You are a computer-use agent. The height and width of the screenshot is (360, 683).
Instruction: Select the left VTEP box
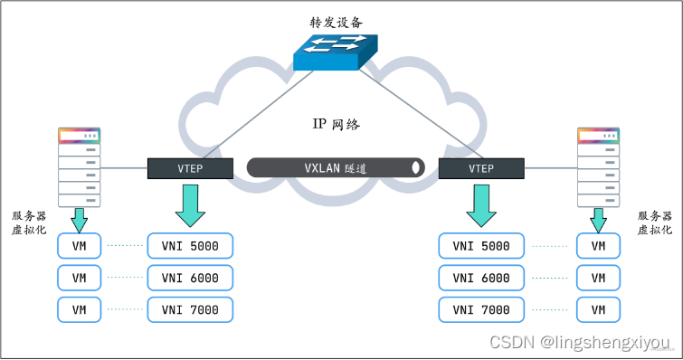189,167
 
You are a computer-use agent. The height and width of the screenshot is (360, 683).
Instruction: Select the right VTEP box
480,167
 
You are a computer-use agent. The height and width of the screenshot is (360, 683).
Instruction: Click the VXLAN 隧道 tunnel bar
336,167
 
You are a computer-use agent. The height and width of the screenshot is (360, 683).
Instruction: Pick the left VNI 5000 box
189,246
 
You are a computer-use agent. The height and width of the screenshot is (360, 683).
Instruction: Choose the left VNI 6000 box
189,277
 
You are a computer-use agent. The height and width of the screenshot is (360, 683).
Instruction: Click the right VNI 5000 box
480,246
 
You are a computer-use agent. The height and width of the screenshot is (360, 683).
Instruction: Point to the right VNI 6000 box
480,277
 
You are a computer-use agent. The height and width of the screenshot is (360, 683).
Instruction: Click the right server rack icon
599,167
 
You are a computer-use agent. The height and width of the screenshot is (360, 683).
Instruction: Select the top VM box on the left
80,246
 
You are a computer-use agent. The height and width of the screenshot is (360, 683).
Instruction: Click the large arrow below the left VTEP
189,204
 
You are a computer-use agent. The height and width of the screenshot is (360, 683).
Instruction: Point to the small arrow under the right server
599,219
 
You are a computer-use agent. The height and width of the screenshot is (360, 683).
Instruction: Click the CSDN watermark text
578,342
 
